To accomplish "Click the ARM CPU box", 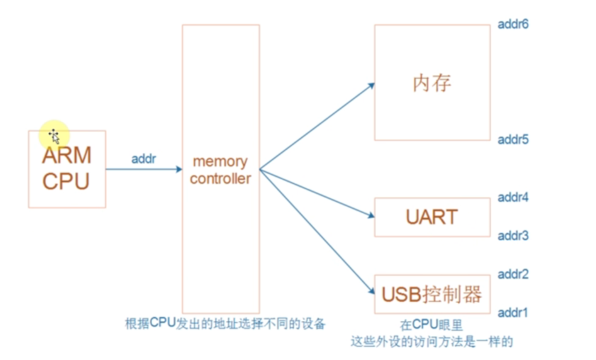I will [x=67, y=169].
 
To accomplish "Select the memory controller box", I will [x=220, y=169].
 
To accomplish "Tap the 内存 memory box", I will [x=432, y=83].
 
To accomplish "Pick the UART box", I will [x=432, y=217].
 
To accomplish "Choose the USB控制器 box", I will [x=432, y=294].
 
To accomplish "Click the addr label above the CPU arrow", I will [x=143, y=159].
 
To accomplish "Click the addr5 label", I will [x=513, y=140].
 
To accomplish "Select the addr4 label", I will [x=513, y=198].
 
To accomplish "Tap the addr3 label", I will [x=513, y=236].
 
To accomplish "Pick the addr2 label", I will [x=513, y=275].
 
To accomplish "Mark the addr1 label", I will [x=513, y=313].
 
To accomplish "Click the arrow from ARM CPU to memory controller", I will [x=143, y=169].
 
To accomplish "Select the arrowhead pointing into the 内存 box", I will [x=371, y=85].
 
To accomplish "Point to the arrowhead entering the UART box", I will [x=371, y=215].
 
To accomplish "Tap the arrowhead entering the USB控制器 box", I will [x=371, y=291].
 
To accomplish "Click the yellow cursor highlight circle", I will [x=54, y=135].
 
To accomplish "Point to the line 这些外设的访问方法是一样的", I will [x=432, y=342].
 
